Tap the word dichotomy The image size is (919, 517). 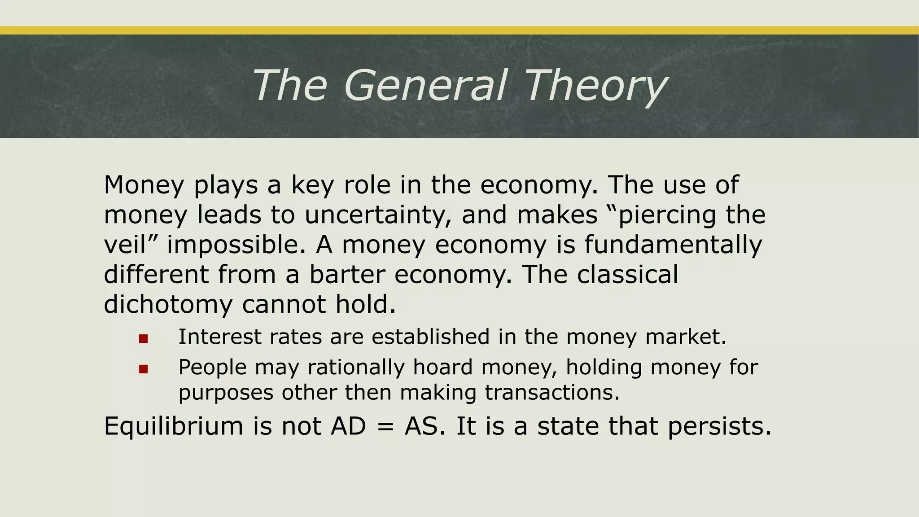(168, 304)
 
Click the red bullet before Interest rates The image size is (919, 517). (144, 339)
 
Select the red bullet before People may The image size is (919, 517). (144, 369)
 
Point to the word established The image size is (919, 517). (430, 337)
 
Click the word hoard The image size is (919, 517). (442, 367)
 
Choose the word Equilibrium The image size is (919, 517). (173, 426)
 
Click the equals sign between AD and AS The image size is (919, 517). (385, 427)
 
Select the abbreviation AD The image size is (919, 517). (348, 426)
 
